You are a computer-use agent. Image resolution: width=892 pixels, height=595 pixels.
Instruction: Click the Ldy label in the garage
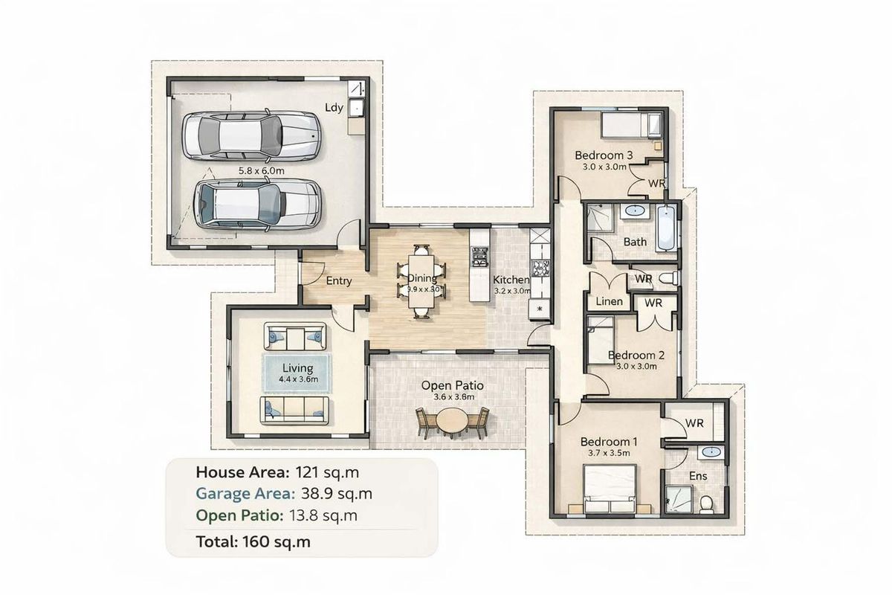(x=334, y=107)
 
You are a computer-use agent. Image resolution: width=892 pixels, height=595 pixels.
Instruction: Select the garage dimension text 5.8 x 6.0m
(x=261, y=170)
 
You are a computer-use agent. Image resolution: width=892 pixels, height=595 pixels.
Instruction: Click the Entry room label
(x=339, y=281)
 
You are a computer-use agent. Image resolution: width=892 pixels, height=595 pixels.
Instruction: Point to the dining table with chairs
(x=421, y=281)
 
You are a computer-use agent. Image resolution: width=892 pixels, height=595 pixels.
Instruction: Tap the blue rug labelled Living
(x=296, y=372)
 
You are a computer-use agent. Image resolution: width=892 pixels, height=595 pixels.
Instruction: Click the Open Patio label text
(x=453, y=386)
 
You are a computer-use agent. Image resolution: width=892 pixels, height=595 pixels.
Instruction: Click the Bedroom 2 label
(x=636, y=355)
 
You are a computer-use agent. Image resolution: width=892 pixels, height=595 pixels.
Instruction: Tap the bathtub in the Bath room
(x=666, y=228)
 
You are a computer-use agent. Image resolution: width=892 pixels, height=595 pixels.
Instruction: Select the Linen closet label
(x=610, y=302)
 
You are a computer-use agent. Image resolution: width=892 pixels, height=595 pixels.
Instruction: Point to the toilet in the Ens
(x=706, y=504)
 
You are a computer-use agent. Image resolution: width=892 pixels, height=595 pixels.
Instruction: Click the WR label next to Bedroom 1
(x=694, y=422)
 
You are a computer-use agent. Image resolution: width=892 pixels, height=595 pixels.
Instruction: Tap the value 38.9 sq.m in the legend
(x=334, y=493)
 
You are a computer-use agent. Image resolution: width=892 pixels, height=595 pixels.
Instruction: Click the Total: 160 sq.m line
(x=253, y=541)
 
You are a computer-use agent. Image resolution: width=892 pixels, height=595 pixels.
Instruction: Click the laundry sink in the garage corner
(x=356, y=107)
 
